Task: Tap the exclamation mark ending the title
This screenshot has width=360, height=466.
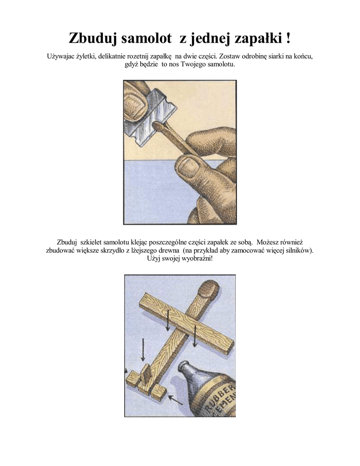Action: [289, 38]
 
